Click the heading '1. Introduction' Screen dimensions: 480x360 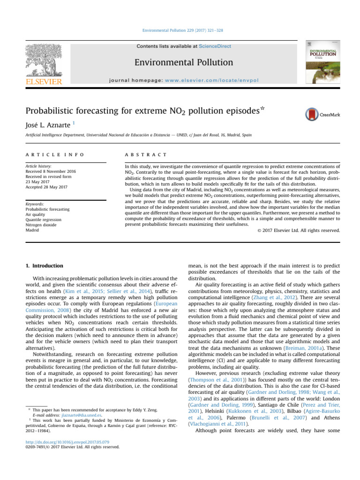click(44, 266)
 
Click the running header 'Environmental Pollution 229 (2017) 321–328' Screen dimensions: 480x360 click(180, 30)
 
